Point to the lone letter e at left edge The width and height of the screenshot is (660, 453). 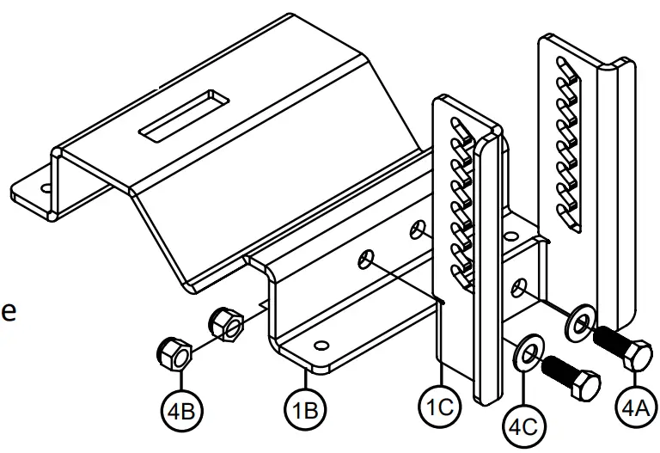pyautogui.click(x=8, y=311)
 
